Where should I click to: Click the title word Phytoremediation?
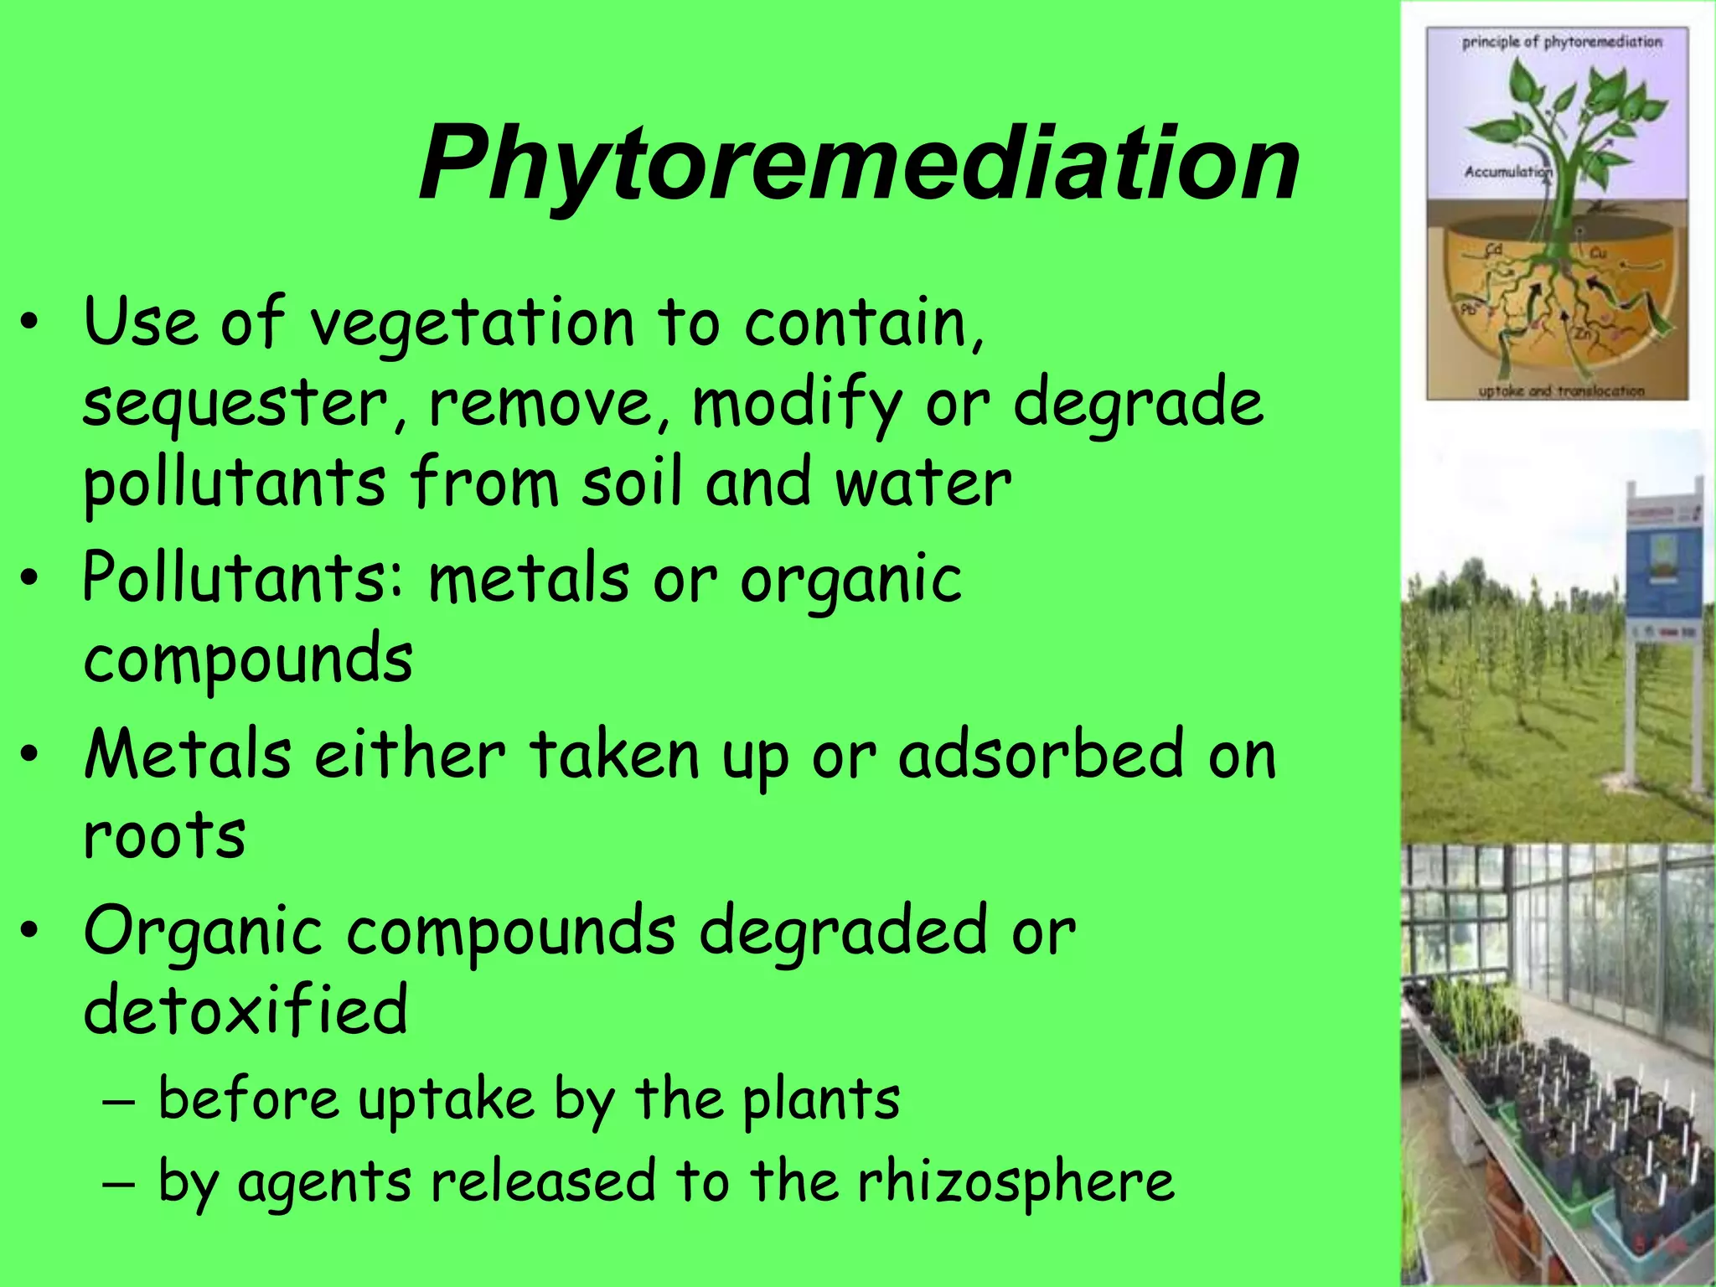pyautogui.click(x=859, y=163)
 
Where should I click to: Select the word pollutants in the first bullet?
pyautogui.click(x=235, y=484)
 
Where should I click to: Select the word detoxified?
pyautogui.click(x=246, y=1010)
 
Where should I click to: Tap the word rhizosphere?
pyautogui.click(x=1015, y=1182)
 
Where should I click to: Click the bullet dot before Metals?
pyautogui.click(x=30, y=754)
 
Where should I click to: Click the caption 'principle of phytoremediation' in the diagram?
pyautogui.click(x=1561, y=42)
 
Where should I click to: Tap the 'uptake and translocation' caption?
pyautogui.click(x=1561, y=390)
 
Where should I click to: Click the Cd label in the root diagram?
pyautogui.click(x=1493, y=250)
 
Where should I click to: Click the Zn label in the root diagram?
pyautogui.click(x=1581, y=333)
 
